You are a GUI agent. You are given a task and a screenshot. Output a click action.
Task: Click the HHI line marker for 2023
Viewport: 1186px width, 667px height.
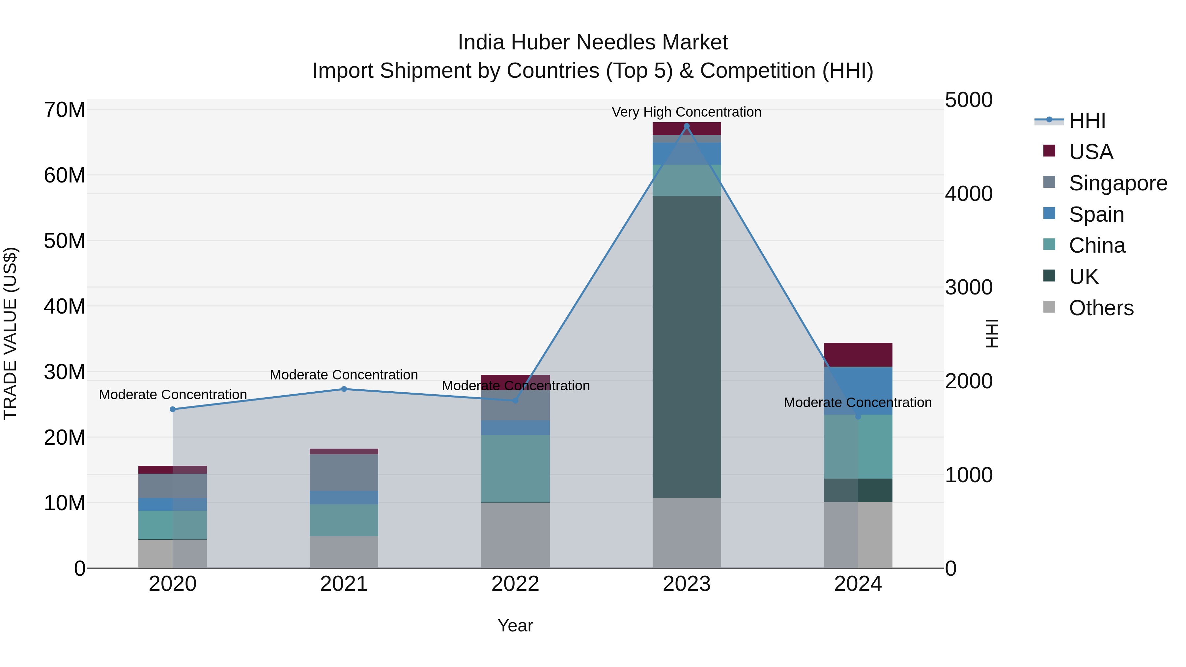tap(687, 126)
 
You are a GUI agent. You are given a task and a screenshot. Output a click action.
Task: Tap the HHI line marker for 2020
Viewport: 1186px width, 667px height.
tap(173, 409)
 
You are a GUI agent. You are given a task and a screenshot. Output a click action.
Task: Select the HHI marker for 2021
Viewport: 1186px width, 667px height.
tap(344, 389)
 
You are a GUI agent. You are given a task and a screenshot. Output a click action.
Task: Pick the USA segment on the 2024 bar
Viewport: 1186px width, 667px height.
tap(858, 354)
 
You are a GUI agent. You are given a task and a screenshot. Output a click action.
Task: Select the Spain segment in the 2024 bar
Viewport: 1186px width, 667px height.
tap(858, 390)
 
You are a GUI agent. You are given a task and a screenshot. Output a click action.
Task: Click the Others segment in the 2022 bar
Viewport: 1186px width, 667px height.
tap(515, 535)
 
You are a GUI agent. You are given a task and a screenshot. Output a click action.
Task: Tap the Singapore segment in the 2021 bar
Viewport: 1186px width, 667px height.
tap(344, 472)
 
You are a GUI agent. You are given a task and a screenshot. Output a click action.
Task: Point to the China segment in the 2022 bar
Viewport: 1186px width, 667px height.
tap(515, 468)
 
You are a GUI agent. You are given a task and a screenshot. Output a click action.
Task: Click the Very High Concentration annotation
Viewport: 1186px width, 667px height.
tap(687, 112)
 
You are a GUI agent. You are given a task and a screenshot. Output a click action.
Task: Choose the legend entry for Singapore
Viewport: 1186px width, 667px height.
tap(1117, 183)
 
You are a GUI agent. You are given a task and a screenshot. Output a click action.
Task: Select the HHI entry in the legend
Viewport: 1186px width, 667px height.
tap(1087, 121)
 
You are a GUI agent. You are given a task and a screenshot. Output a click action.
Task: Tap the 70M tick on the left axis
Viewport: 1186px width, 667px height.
tap(65, 110)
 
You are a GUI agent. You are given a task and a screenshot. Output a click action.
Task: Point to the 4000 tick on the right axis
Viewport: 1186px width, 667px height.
tap(969, 193)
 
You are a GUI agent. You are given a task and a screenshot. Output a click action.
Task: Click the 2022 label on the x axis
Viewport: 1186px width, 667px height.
tap(515, 584)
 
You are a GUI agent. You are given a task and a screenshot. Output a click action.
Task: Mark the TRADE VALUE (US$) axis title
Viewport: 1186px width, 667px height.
tap(10, 333)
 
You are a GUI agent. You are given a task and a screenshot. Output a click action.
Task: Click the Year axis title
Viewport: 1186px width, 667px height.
tap(515, 625)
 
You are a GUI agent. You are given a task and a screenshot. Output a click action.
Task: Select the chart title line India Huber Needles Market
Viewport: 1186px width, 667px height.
tap(593, 42)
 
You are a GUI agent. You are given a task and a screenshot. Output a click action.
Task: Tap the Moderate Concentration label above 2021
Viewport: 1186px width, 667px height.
tap(344, 375)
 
